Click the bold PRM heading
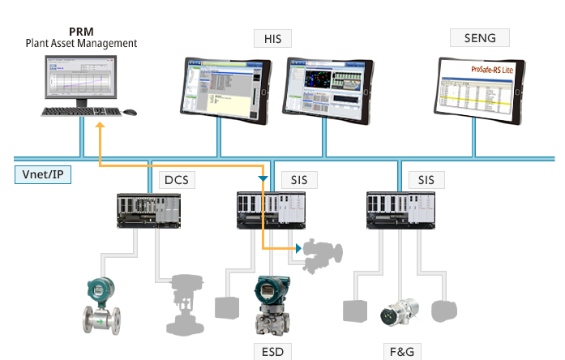pyautogui.click(x=80, y=31)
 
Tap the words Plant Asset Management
pyautogui.click(x=80, y=43)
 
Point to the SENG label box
pyautogui.click(x=478, y=37)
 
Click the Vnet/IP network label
pyautogui.click(x=43, y=174)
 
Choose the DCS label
pyautogui.click(x=176, y=179)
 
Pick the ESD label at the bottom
pyautogui.click(x=273, y=351)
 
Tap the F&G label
pyautogui.click(x=400, y=351)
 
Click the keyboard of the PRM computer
pyautogui.click(x=80, y=112)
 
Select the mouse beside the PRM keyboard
pyautogui.click(x=130, y=112)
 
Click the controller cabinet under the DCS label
pyautogui.click(x=150, y=209)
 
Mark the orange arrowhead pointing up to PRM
pyautogui.click(x=99, y=126)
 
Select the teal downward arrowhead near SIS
pyautogui.click(x=262, y=179)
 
